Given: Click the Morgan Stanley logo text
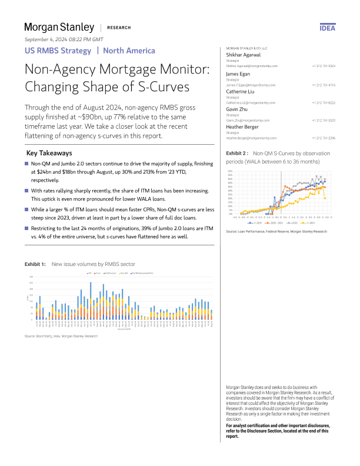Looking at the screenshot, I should [59, 27].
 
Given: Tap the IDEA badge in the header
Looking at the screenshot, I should [327, 28].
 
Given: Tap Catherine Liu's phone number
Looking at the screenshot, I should [324, 103].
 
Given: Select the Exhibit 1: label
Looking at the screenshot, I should [35, 265].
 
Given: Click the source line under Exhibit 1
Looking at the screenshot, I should [61, 336].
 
